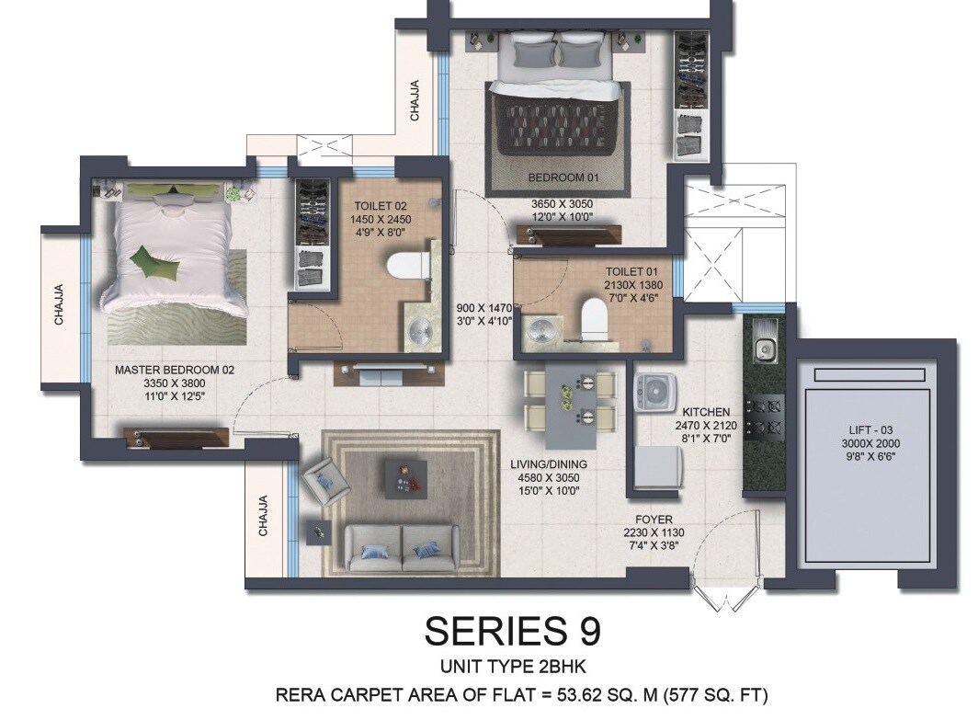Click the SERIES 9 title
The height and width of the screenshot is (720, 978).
(512, 632)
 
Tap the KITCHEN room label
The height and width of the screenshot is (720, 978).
(706, 412)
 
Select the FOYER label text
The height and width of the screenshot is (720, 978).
(654, 520)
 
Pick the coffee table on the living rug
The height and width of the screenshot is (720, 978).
(404, 475)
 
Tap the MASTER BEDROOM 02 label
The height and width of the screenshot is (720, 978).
(175, 370)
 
